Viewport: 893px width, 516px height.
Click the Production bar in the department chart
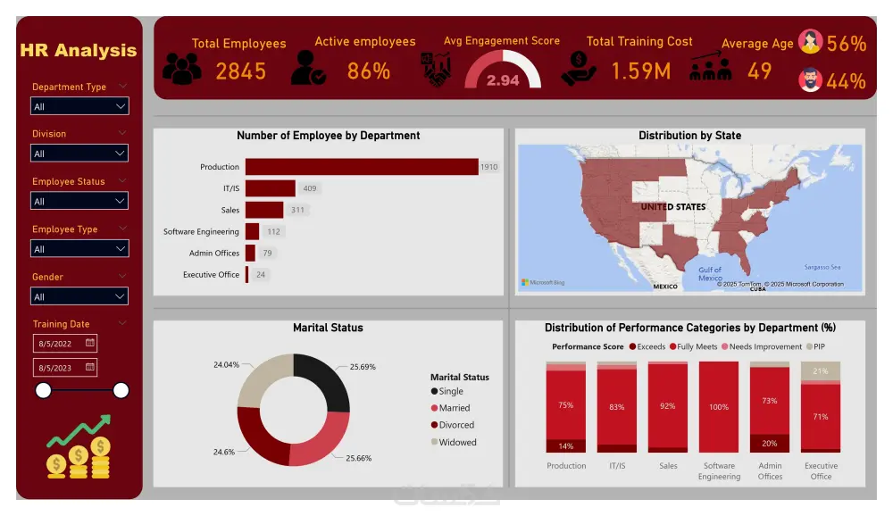tap(362, 167)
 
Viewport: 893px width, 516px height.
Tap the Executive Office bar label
tap(211, 275)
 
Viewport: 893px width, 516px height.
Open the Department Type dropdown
tap(79, 106)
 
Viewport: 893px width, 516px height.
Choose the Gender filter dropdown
tap(79, 296)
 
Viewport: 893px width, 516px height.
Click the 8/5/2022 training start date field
tap(65, 343)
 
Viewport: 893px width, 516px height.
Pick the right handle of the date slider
tap(121, 390)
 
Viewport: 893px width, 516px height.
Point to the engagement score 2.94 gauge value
tap(503, 80)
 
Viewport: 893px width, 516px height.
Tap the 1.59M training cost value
tap(640, 71)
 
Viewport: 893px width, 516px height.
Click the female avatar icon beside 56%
tap(810, 42)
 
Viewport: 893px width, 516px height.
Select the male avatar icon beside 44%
tap(810, 80)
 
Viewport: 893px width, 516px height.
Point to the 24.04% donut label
tap(226, 365)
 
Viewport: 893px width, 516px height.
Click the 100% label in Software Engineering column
tap(719, 407)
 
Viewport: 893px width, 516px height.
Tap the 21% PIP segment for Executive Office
tap(820, 371)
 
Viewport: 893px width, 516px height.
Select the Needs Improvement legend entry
tap(764, 346)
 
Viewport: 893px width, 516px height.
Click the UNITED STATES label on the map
tap(672, 206)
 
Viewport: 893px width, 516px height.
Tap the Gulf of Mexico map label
tap(710, 273)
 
